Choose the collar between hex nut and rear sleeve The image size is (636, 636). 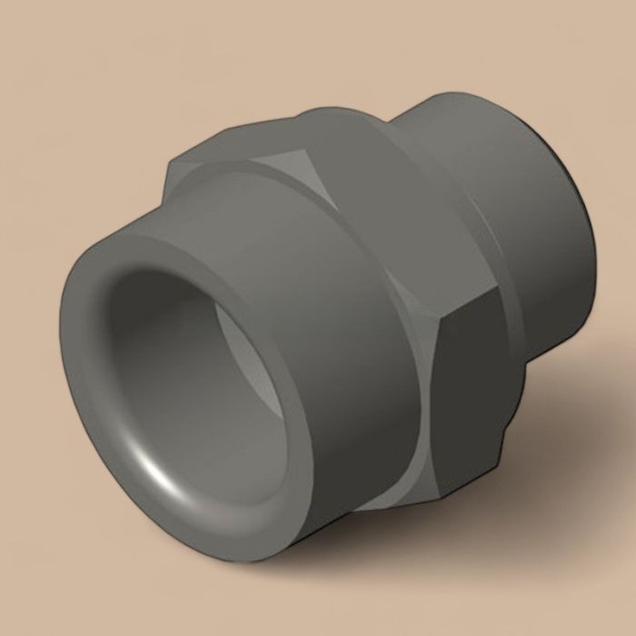tap(427, 136)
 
